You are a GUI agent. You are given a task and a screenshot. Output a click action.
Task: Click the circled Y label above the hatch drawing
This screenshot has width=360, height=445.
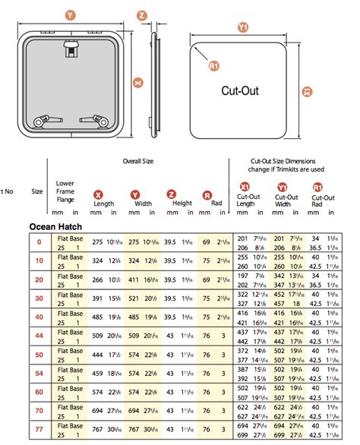click(70, 14)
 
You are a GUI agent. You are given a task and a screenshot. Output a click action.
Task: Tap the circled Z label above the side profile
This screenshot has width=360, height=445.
click(142, 14)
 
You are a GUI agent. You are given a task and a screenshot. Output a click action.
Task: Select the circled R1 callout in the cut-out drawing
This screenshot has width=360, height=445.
click(213, 66)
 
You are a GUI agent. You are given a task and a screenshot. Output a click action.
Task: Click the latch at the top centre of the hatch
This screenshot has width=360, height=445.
click(70, 49)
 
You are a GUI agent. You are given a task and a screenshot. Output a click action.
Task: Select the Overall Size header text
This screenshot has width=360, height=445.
click(138, 161)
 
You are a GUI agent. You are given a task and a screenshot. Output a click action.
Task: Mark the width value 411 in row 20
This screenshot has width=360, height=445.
click(134, 279)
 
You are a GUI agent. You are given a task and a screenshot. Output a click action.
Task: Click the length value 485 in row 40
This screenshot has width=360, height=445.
click(96, 316)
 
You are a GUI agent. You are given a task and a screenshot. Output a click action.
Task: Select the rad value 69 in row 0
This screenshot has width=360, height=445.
click(206, 241)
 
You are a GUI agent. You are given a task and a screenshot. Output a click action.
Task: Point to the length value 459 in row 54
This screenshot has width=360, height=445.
click(96, 372)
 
